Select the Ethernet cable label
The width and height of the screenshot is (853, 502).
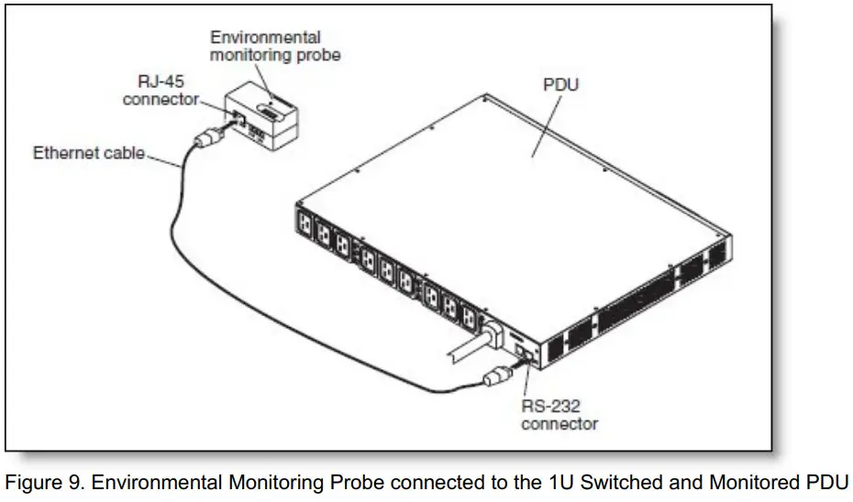point(89,152)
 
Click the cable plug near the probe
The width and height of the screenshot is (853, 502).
point(206,142)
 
